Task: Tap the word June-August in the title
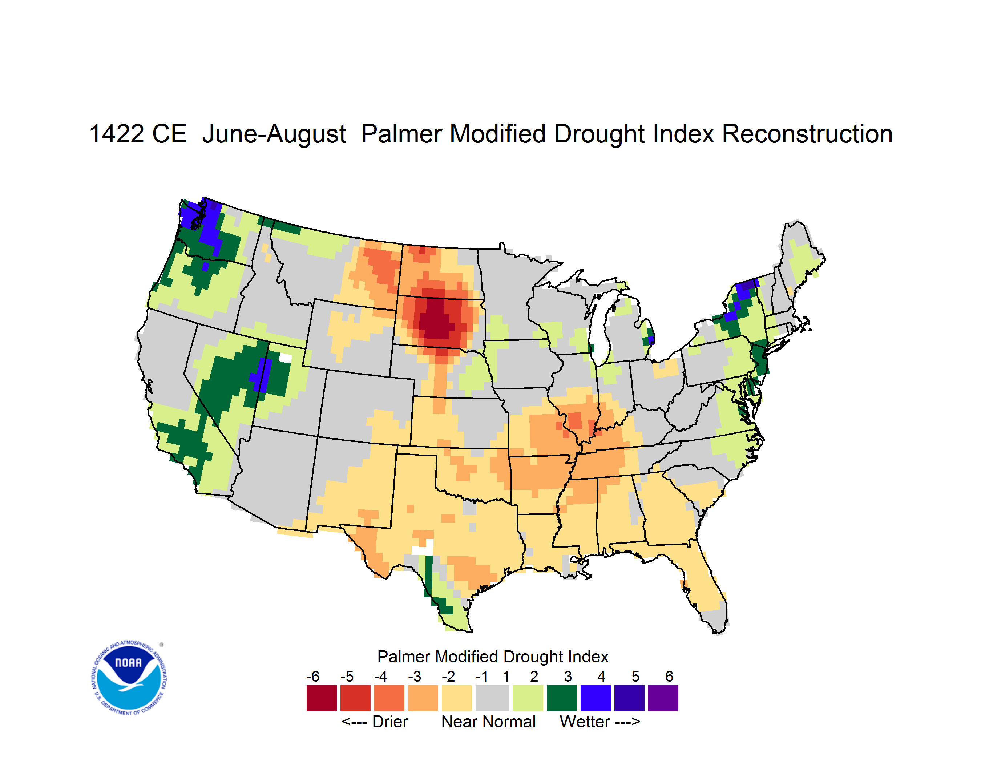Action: (274, 135)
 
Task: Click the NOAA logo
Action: (129, 678)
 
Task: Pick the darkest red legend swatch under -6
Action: (321, 698)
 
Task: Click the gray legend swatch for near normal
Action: (492, 698)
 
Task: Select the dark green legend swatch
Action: (561, 698)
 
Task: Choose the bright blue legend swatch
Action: (596, 698)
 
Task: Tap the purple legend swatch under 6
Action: (663, 698)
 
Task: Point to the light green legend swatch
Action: (528, 698)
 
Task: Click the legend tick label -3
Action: (415, 676)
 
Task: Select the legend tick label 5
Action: (635, 676)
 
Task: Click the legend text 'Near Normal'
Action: (488, 722)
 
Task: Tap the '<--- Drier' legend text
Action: (375, 722)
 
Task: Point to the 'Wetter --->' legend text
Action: (599, 722)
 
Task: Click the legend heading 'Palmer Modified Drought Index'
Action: (493, 657)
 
